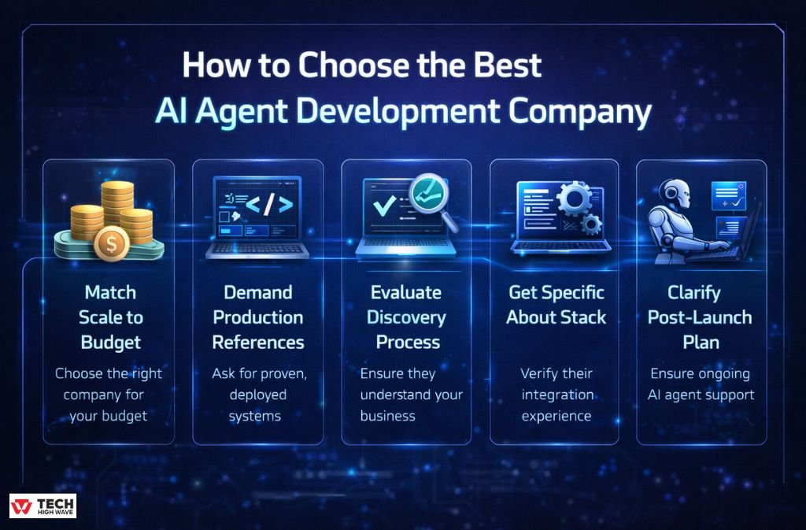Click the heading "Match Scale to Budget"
click(x=110, y=317)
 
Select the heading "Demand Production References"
click(x=258, y=317)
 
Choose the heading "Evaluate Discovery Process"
click(x=406, y=317)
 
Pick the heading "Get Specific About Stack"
click(x=556, y=305)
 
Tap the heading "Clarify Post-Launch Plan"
click(x=700, y=317)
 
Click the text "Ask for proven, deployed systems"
click(x=257, y=395)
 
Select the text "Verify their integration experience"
click(x=556, y=394)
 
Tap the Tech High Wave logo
click(x=43, y=506)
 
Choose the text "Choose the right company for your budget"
click(x=107, y=395)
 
